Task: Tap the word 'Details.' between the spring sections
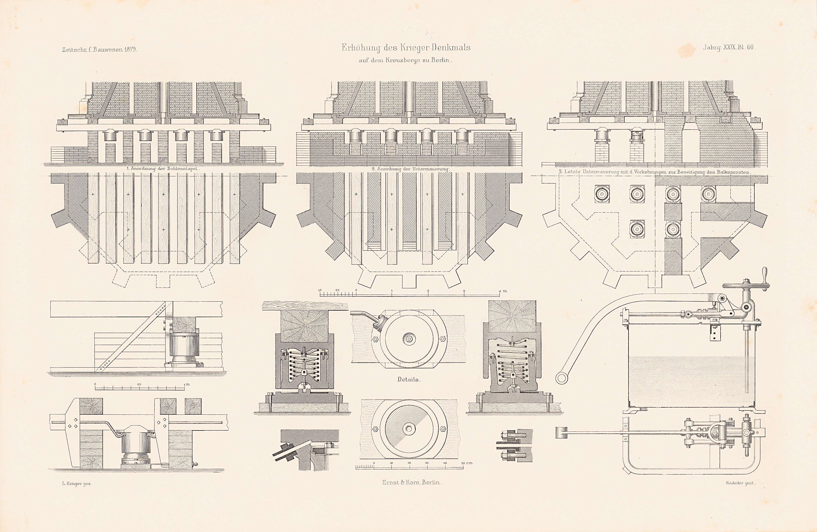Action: (408, 379)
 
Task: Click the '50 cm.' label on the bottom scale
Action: (467, 463)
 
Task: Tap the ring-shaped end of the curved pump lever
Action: (561, 378)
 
